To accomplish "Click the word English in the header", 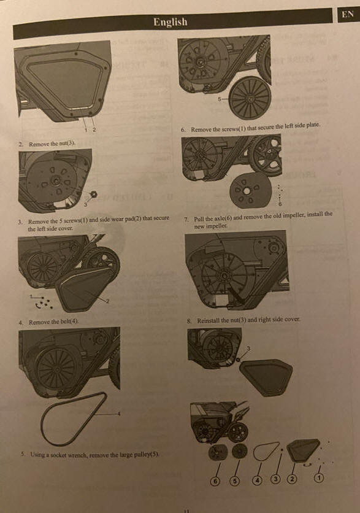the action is click(x=170, y=22).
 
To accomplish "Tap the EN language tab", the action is click(x=348, y=14).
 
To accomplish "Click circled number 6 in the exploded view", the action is click(x=215, y=481).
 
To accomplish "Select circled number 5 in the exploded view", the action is click(x=234, y=480).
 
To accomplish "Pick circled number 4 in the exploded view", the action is click(x=258, y=480).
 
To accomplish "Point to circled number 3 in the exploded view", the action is click(x=276, y=479).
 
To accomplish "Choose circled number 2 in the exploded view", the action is click(x=292, y=479).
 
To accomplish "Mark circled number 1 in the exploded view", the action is click(x=319, y=478).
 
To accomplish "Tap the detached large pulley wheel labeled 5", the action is click(x=250, y=99).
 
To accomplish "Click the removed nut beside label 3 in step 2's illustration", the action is click(x=94, y=195).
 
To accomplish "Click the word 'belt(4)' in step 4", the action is click(x=69, y=322).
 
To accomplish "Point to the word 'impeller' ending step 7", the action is click(x=216, y=226).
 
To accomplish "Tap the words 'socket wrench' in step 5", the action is click(x=70, y=455).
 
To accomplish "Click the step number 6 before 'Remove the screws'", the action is click(x=183, y=130).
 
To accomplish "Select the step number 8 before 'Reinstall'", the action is click(x=189, y=321).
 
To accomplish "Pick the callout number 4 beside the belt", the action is click(x=119, y=414).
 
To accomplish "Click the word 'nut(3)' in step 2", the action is click(x=67, y=144).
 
